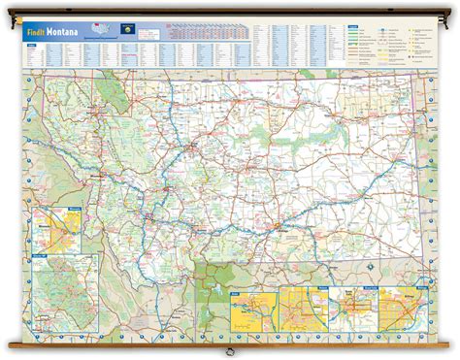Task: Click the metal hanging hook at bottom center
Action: (x=229, y=350)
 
